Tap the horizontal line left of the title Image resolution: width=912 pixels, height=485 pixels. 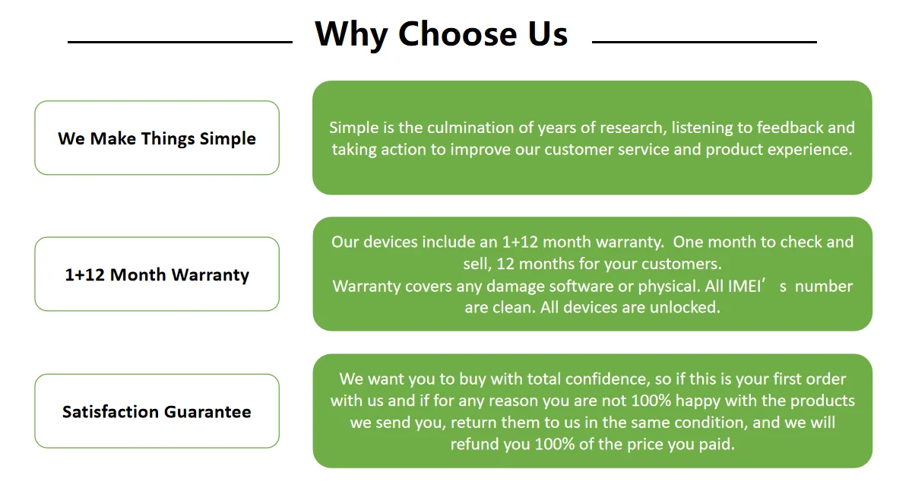click(180, 42)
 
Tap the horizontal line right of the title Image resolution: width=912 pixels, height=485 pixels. click(704, 42)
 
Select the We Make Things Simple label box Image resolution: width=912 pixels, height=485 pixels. click(157, 138)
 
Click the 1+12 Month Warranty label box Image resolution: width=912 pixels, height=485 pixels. click(157, 274)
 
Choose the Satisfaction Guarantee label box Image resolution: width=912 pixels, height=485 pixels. click(157, 411)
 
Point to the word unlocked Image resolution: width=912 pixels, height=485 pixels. click(684, 308)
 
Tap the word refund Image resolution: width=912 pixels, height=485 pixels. click(474, 444)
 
